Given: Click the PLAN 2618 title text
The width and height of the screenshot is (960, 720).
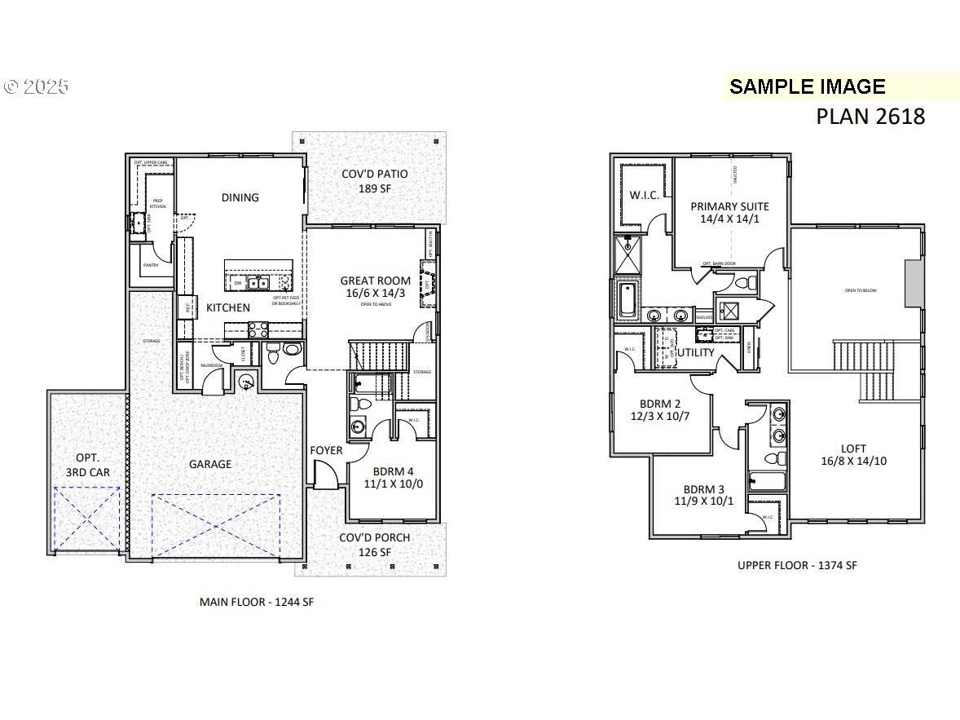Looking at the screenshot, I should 870,117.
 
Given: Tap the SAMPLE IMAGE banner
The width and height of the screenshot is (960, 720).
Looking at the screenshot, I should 807,87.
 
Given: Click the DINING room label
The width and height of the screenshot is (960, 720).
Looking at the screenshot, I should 240,197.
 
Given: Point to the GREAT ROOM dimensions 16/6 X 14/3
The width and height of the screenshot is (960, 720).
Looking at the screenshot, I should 376,294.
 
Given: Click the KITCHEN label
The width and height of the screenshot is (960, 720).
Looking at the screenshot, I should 227,307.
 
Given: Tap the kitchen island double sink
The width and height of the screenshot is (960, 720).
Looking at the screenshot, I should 260,283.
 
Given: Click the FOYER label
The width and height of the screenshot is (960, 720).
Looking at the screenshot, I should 326,450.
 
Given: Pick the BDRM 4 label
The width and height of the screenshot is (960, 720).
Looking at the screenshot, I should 392,470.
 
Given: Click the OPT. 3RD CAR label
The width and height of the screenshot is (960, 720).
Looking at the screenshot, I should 87,465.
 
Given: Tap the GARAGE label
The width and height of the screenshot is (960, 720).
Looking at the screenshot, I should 210,464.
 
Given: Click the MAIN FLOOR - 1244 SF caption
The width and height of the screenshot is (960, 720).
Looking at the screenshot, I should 257,602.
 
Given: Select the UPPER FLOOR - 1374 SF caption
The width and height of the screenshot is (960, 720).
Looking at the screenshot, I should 797,565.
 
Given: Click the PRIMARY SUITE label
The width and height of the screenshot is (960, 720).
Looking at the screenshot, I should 729,206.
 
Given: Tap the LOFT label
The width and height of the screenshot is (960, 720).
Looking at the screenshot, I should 854,448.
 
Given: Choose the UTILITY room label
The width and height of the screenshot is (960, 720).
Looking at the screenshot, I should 696,352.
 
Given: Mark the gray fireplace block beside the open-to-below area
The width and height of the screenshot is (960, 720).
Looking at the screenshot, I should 914,284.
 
